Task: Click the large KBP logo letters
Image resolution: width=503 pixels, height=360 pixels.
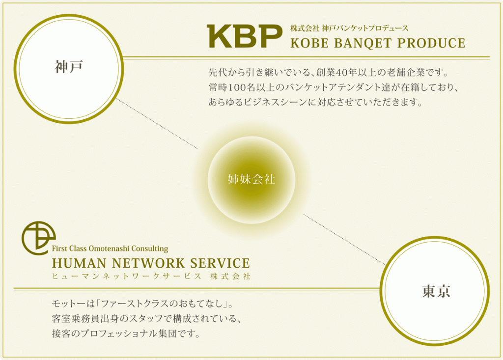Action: tap(245, 36)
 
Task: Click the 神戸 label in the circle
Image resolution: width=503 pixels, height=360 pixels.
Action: tap(69, 67)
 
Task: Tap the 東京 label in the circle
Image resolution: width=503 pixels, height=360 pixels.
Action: tap(436, 291)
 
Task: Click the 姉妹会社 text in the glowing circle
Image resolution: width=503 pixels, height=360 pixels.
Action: tap(251, 179)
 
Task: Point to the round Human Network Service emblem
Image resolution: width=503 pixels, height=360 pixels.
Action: tap(38, 238)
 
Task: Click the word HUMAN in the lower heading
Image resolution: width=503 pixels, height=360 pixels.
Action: tap(79, 263)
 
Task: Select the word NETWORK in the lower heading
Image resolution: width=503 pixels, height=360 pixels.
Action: tap(148, 263)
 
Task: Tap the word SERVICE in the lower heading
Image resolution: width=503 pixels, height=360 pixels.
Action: tap(220, 263)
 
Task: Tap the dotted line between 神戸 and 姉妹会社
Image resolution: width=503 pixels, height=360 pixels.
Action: tap(157, 124)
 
